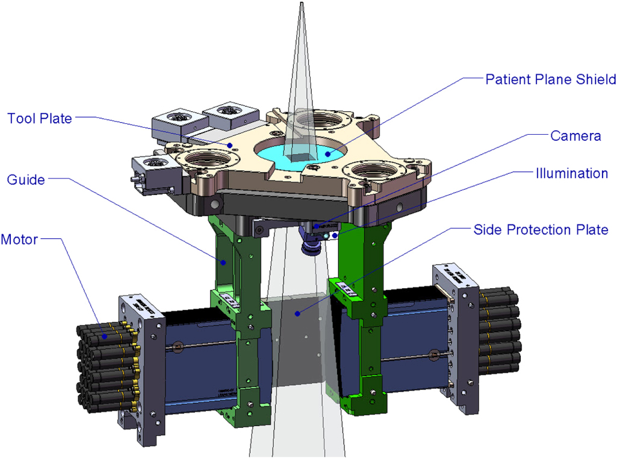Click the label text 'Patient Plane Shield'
(550, 79)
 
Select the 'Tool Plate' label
(40, 119)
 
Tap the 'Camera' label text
(575, 136)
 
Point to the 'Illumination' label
(572, 173)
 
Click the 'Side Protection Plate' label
(541, 230)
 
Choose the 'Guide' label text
(25, 179)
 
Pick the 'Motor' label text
(19, 240)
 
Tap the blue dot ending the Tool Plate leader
(230, 144)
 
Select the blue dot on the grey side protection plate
(297, 313)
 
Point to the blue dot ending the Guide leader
(223, 262)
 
